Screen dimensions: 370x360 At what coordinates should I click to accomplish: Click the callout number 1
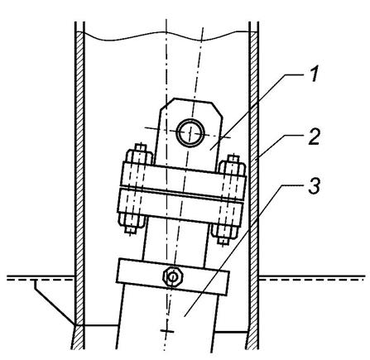313,74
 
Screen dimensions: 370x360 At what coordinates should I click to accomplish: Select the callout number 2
315,137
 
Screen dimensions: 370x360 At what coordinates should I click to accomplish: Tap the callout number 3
315,185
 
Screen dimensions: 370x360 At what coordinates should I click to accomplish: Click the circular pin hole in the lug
191,132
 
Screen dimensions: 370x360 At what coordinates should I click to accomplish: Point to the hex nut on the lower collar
172,276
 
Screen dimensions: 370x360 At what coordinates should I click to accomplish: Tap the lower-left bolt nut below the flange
132,220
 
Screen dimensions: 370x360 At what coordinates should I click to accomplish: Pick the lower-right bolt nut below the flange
225,231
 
